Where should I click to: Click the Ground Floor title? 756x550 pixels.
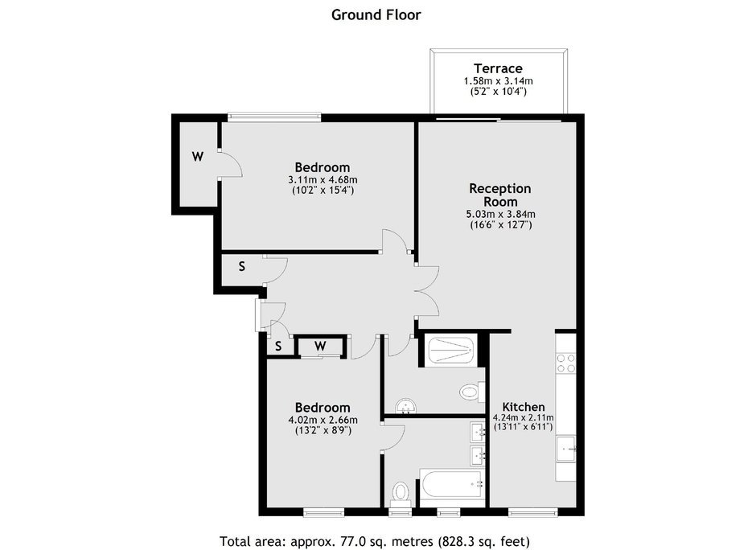point(376,15)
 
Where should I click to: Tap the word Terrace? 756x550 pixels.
point(498,68)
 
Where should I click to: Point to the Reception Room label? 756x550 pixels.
point(500,195)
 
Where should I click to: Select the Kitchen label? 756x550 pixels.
point(523,406)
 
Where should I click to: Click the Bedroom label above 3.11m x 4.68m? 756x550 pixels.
point(322,167)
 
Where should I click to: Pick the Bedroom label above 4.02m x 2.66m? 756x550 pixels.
point(322,408)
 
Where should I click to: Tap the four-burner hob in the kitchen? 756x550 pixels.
point(566,363)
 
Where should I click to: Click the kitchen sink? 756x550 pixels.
point(566,449)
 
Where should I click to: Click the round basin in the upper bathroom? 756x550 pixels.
point(406,406)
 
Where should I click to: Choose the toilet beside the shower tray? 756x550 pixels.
point(473,391)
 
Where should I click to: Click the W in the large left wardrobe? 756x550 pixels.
point(198,157)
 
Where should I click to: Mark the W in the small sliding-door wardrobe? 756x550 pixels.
point(321,346)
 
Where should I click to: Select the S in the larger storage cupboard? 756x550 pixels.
point(242,266)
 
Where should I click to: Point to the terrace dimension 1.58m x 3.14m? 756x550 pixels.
point(498,81)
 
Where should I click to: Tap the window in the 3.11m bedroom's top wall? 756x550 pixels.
point(274,116)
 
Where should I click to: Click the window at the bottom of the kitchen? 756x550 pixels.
point(532,511)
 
